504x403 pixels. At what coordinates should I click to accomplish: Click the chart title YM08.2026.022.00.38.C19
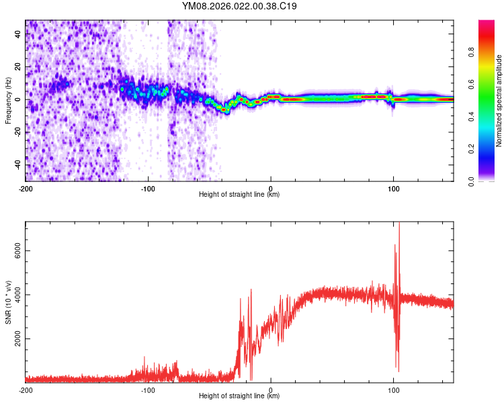point(240,7)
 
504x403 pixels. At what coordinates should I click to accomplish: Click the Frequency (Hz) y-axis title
point(8,101)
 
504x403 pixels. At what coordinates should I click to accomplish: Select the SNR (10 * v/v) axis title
point(8,302)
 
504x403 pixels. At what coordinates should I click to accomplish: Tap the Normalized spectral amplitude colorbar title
point(499,101)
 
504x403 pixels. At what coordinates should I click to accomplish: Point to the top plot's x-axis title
point(239,194)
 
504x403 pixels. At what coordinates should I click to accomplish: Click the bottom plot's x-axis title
point(239,396)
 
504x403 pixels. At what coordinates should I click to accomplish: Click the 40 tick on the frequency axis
point(18,35)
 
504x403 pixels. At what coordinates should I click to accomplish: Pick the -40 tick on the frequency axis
point(17,165)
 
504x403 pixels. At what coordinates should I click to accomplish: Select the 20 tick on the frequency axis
point(18,67)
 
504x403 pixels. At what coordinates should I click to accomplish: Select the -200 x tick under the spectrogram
point(26,187)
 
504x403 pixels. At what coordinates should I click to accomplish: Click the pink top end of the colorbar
point(487,24)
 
